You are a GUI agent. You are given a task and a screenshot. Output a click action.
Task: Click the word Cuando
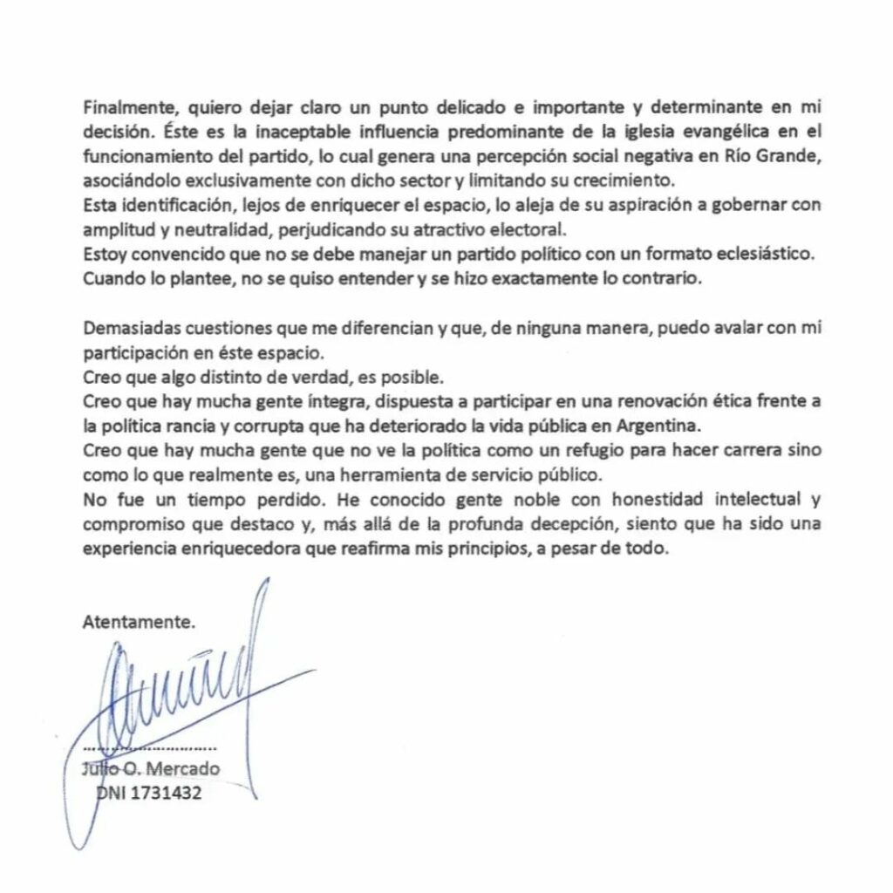110,283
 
